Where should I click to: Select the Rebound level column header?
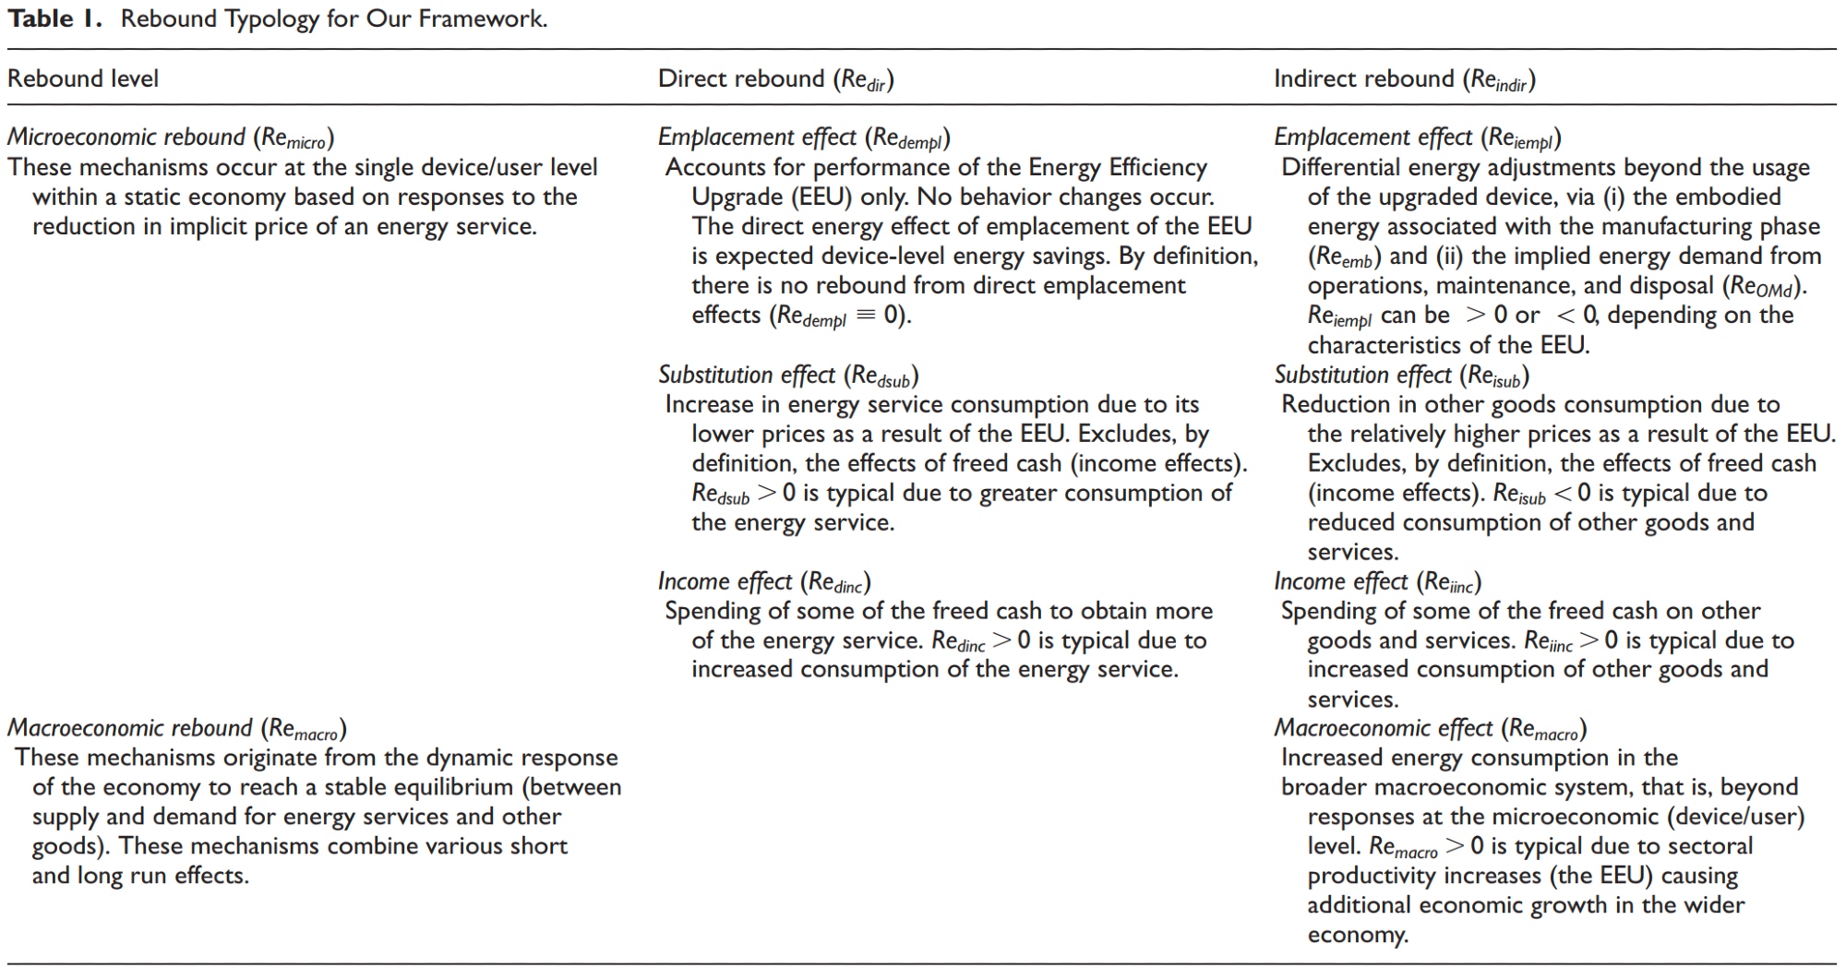tap(83, 78)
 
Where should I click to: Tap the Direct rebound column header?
tap(775, 79)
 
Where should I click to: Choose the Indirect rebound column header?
tap(1404, 79)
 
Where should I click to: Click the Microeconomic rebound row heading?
tap(171, 137)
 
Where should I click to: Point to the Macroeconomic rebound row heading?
tap(176, 728)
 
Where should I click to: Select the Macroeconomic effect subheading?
tap(1430, 729)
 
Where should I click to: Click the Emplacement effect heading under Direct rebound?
tap(803, 137)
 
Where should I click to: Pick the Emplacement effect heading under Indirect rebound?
tap(1417, 137)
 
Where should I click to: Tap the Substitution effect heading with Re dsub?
tap(787, 375)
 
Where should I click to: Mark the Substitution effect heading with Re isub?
tap(1401, 375)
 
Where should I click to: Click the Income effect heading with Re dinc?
tap(763, 581)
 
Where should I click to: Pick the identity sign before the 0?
tap(865, 316)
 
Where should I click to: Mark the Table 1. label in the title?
tap(54, 19)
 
